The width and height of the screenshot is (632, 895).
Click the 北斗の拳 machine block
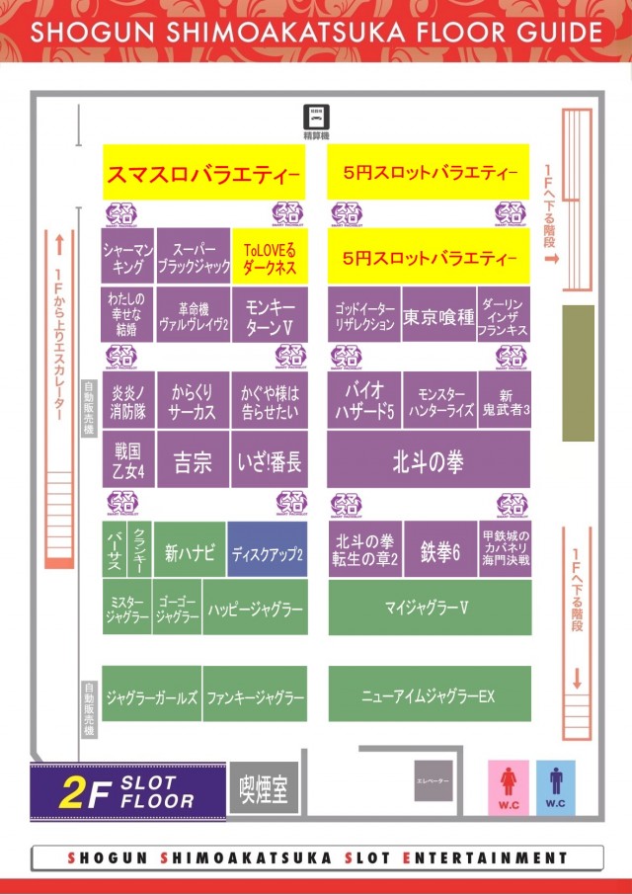[x=428, y=461]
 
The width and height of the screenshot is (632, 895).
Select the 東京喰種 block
[x=437, y=317]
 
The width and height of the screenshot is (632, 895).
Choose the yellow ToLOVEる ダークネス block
[x=270, y=259]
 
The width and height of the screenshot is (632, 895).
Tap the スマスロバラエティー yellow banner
[x=202, y=175]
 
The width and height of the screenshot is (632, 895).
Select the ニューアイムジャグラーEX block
[x=428, y=694]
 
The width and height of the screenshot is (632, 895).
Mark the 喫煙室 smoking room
[x=264, y=789]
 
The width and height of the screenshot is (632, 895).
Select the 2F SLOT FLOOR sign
[x=125, y=792]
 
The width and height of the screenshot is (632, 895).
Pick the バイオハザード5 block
[x=363, y=399]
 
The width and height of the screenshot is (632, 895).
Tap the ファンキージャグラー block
[x=255, y=695]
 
